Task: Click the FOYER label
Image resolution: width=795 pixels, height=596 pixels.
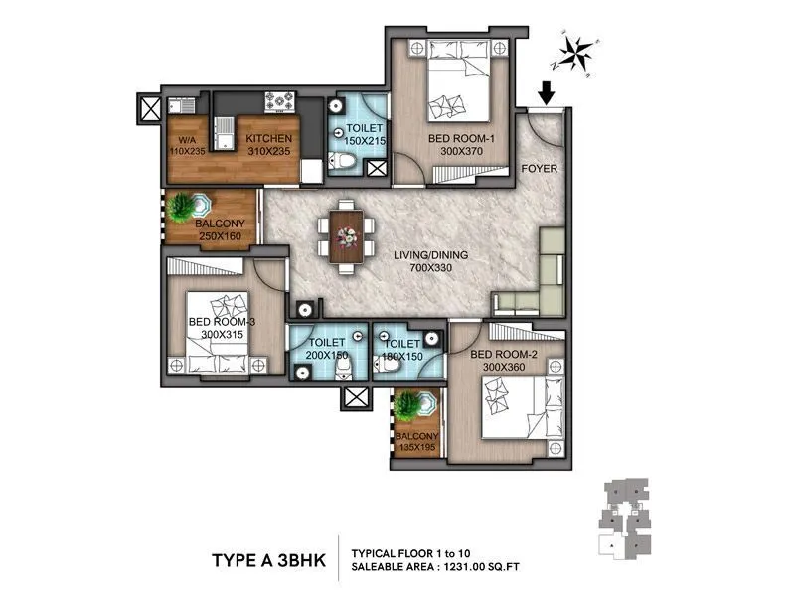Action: click(x=540, y=169)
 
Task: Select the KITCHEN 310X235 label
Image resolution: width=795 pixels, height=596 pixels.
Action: click(x=268, y=146)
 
